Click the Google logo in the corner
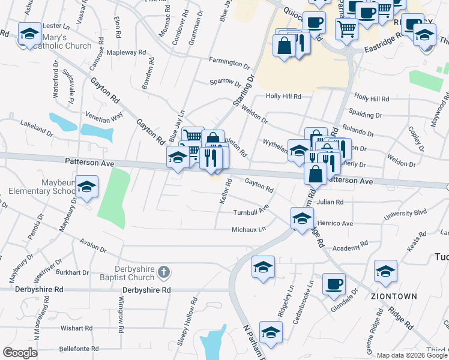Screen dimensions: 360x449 (20, 353)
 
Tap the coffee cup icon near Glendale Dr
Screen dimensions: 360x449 (334, 284)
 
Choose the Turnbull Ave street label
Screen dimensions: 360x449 (250, 212)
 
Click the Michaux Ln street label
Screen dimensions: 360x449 (249, 229)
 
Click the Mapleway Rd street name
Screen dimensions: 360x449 (126, 53)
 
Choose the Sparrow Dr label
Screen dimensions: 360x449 (225, 83)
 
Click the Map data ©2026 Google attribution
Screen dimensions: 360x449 (412, 355)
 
